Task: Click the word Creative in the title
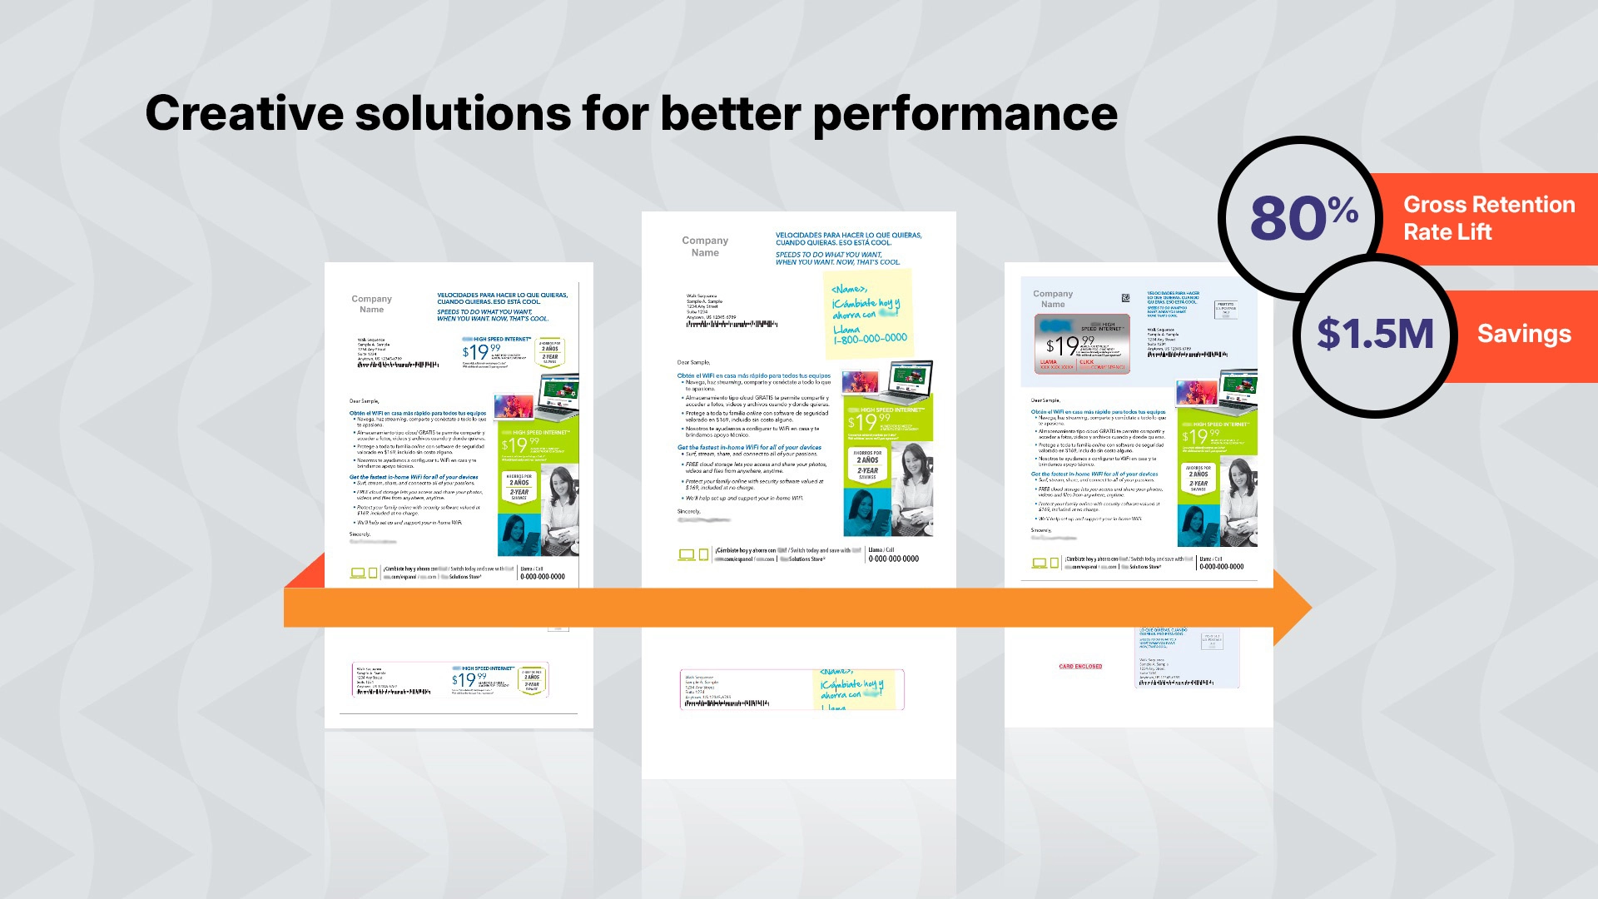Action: click(x=244, y=113)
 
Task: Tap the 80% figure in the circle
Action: click(x=1303, y=218)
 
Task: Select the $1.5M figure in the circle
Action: click(x=1375, y=334)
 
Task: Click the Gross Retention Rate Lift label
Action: click(x=1488, y=218)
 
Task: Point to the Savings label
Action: click(x=1524, y=334)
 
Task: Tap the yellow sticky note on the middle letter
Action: click(x=867, y=315)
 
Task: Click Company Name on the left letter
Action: click(x=371, y=304)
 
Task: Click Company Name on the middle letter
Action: click(x=705, y=246)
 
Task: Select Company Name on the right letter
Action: click(x=1053, y=299)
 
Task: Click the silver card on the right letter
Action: click(x=1082, y=344)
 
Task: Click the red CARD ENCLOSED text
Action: click(x=1080, y=667)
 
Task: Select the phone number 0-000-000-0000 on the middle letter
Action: click(x=893, y=559)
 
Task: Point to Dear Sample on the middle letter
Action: click(x=693, y=362)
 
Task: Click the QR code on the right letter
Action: click(x=1126, y=298)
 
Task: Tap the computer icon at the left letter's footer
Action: click(x=358, y=573)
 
